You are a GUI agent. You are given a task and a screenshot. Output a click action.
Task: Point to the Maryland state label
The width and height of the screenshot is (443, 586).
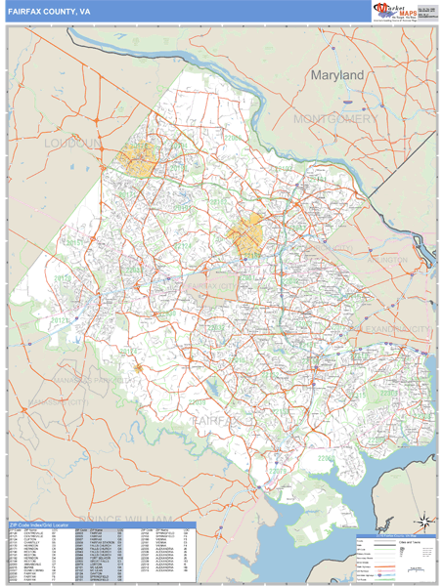click(336, 75)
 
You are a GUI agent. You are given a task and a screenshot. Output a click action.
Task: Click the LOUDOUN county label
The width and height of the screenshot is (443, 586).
click(73, 144)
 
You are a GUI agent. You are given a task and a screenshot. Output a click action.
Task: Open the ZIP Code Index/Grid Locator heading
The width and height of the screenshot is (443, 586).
click(43, 525)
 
